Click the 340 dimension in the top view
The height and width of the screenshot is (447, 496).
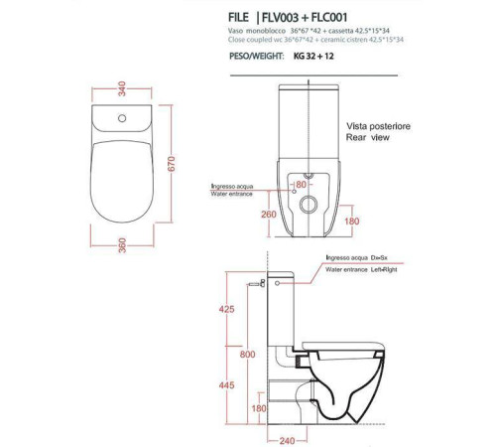point(122,88)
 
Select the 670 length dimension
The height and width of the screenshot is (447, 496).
point(172,164)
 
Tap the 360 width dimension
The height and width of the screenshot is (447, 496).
point(122,245)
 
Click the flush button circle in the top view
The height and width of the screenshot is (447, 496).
point(122,118)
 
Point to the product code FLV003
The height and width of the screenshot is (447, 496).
point(280,18)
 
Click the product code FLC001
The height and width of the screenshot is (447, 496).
point(329,18)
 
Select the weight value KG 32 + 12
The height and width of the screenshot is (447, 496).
point(313,57)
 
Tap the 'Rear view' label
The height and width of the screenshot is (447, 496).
point(368,137)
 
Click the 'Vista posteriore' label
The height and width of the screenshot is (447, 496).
point(378,126)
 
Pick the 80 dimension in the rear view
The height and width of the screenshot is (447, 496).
point(301,185)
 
